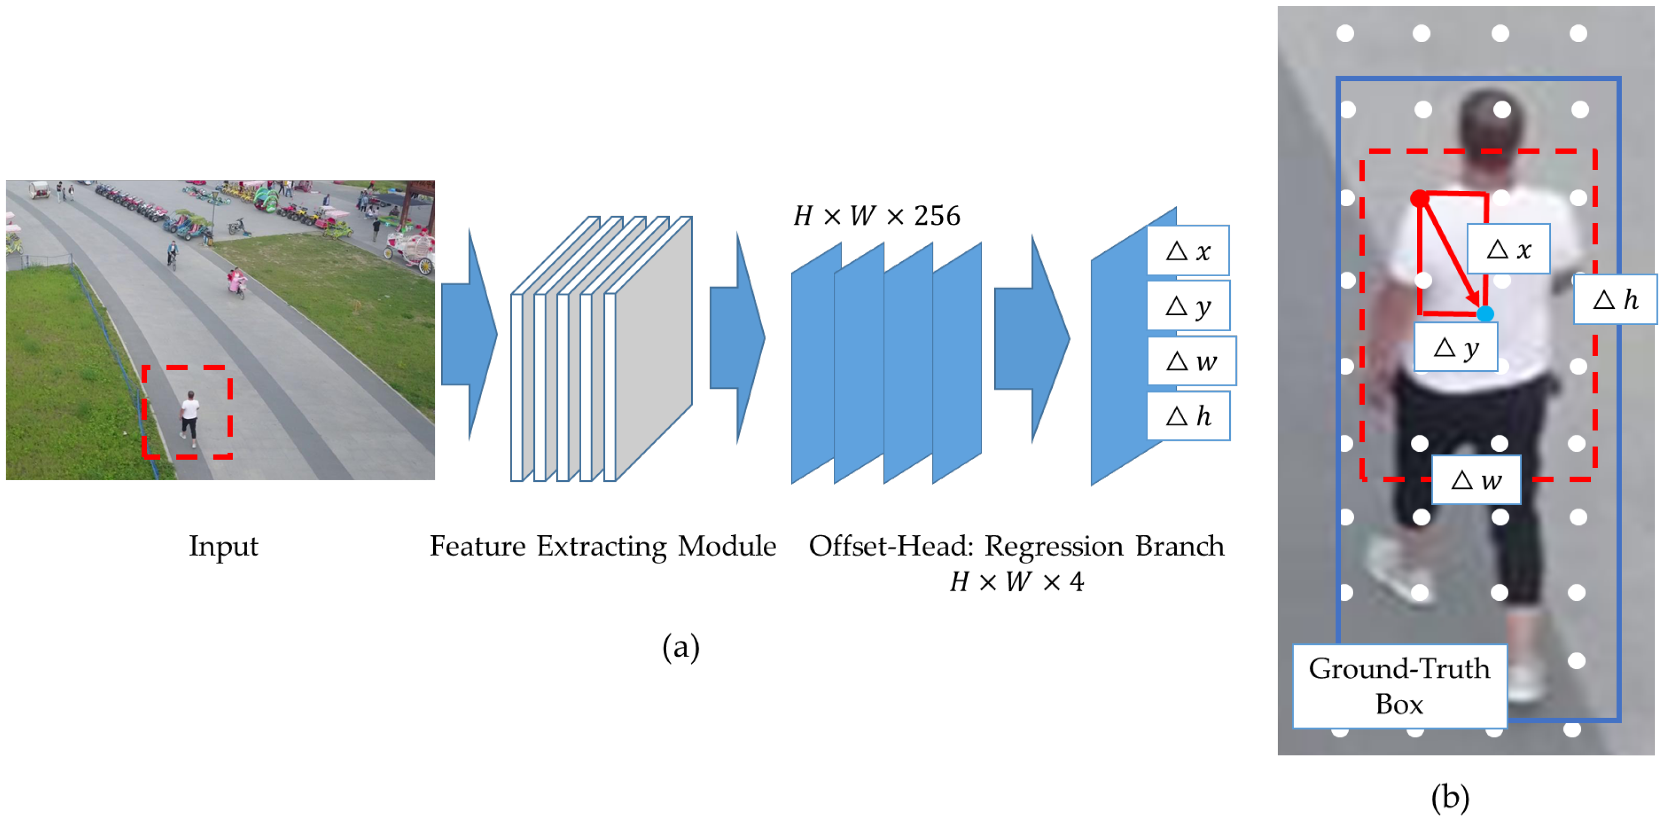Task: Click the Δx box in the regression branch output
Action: [x=1188, y=251]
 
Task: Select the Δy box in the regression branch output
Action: [x=1188, y=305]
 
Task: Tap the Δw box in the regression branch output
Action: [x=1192, y=361]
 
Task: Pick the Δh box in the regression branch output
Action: [x=1188, y=416]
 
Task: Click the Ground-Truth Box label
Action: [x=1399, y=686]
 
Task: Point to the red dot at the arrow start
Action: [x=1420, y=198]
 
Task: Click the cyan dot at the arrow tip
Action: [x=1486, y=314]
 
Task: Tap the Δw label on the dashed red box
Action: [x=1476, y=480]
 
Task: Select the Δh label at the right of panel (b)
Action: [x=1615, y=299]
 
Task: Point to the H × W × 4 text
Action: [x=1017, y=582]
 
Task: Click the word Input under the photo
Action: [x=223, y=546]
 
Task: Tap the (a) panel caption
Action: [x=680, y=646]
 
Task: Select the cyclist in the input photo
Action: [x=172, y=255]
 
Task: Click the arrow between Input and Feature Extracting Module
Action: [x=470, y=334]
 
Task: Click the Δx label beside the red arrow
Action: [x=1509, y=249]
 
